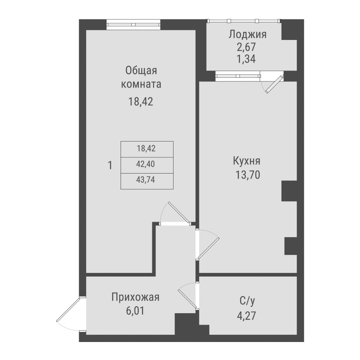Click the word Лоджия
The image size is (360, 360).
point(247,35)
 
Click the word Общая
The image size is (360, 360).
point(141,70)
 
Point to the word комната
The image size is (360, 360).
point(141,85)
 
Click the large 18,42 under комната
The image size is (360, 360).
point(141,102)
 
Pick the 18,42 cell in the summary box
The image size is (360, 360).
point(147,148)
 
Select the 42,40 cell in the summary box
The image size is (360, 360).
point(147,164)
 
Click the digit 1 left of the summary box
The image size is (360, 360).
point(110,166)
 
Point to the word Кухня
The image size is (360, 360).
point(247,161)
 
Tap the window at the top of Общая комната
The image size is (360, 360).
point(134,25)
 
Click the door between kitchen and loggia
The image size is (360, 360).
point(273,84)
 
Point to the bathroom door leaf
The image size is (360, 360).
point(187,298)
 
